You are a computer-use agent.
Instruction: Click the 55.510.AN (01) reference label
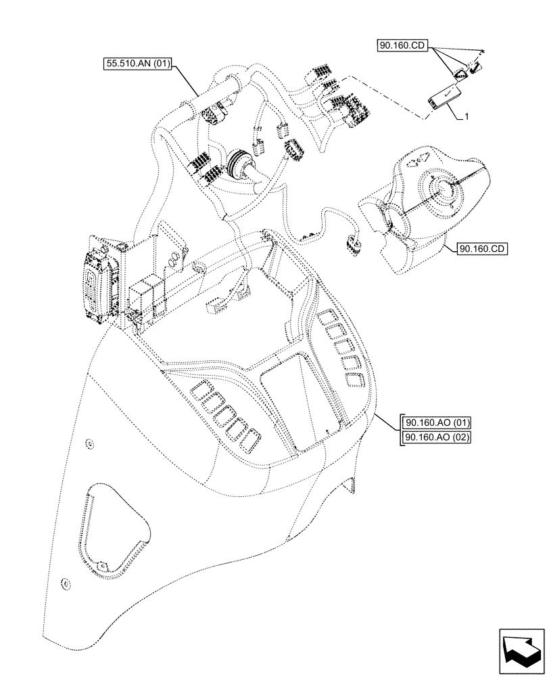click(x=138, y=65)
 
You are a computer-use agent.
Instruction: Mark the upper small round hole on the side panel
click(x=90, y=444)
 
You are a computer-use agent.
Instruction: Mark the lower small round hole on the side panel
click(x=66, y=583)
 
